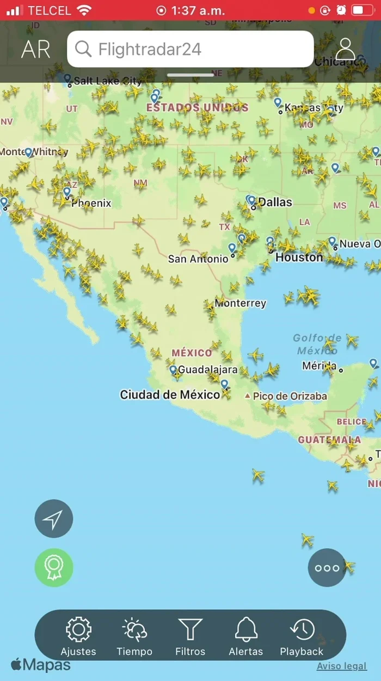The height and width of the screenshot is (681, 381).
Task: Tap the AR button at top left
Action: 36,50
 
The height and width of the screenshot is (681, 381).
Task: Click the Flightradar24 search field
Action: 190,50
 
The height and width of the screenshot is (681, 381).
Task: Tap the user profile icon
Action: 345,50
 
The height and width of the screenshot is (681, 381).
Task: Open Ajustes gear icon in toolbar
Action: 78,630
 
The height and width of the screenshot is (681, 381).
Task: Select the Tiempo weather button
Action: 134,630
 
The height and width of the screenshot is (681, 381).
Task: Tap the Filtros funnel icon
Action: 190,630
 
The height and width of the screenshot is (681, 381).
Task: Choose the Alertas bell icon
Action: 246,630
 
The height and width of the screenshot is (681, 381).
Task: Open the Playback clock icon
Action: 302,630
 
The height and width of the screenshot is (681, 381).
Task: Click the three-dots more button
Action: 327,568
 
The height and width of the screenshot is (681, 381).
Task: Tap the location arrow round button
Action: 54,519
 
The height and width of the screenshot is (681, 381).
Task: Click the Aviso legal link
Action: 342,666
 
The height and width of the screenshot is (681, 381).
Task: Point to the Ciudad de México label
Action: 170,395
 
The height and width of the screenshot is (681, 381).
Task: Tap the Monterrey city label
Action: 240,303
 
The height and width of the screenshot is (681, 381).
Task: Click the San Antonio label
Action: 198,259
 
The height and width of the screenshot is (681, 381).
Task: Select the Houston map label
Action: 299,257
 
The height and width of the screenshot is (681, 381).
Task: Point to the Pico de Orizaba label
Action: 290,396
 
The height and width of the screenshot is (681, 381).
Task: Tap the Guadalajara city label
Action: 208,370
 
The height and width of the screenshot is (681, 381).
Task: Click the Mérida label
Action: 319,366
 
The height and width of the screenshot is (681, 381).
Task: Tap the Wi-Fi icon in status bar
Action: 84,10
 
